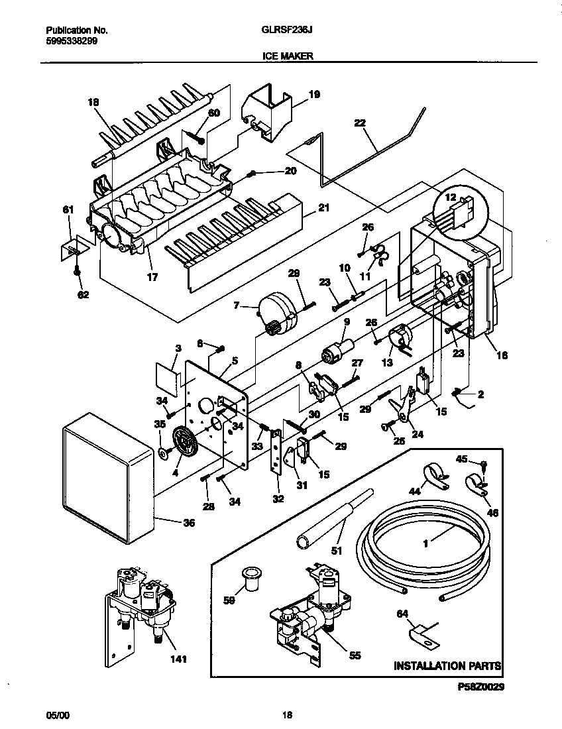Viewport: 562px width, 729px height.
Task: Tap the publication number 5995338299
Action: point(72,40)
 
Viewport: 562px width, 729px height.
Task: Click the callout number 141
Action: point(178,659)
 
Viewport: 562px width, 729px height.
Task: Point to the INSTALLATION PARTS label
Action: point(447,665)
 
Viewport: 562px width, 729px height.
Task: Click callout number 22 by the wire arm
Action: point(360,123)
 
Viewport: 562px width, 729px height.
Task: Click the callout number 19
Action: point(314,95)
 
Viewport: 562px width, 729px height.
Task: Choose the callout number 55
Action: point(355,655)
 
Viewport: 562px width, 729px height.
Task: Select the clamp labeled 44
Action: point(431,475)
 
